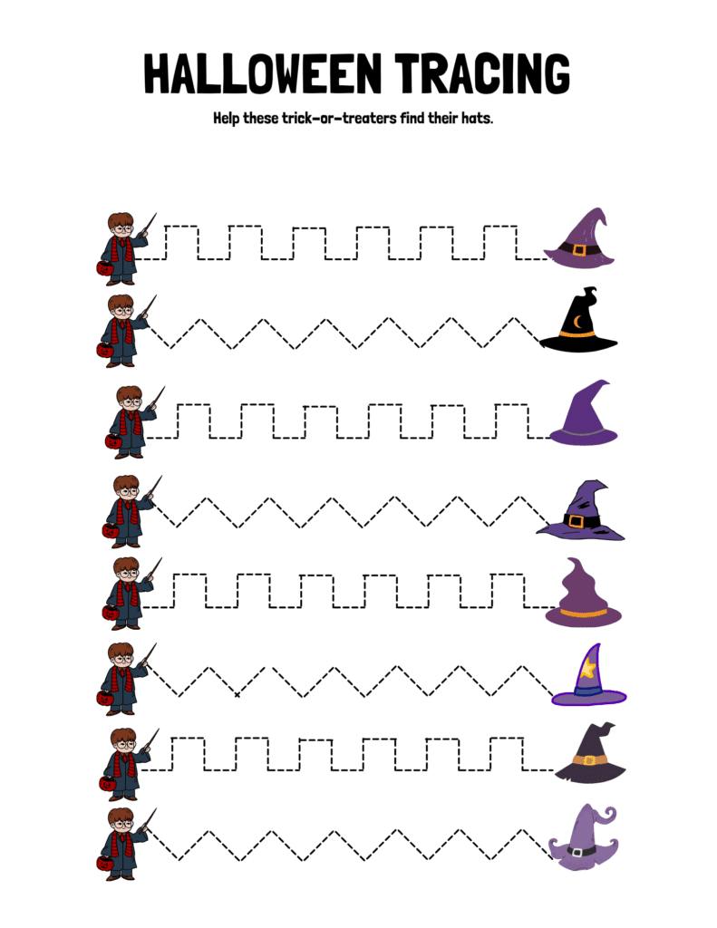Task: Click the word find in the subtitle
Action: point(420,118)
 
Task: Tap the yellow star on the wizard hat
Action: point(589,669)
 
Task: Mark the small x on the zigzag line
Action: point(237,694)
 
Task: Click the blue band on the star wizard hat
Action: point(588,691)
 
